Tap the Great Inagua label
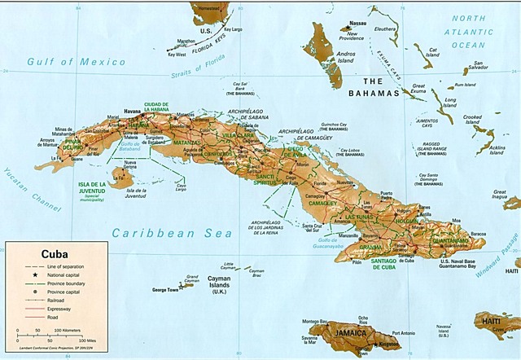pyautogui.click(x=505, y=195)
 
